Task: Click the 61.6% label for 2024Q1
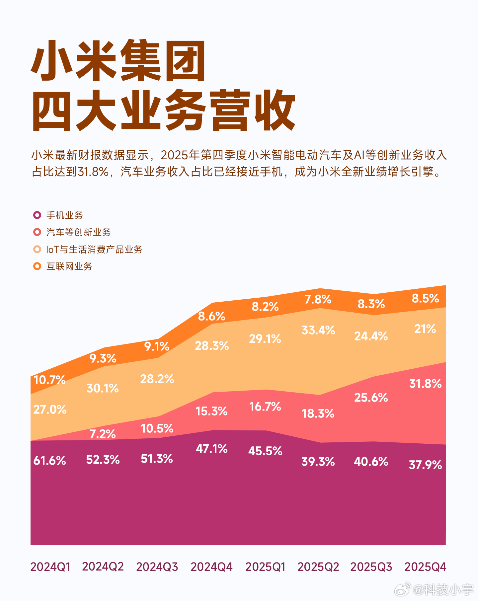tap(49, 461)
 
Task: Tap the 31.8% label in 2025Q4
tap(425, 384)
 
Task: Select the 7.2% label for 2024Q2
tap(103, 434)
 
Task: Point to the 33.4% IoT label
tap(318, 330)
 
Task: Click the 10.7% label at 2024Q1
tap(49, 380)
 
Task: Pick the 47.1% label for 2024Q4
tap(211, 449)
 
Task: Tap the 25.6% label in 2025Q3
tap(371, 397)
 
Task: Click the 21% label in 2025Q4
tap(425, 329)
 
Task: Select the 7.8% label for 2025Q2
tap(318, 299)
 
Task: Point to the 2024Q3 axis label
tap(157, 566)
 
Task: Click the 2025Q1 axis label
tap(265, 566)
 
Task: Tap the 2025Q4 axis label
tap(425, 566)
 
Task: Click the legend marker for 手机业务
tap(37, 215)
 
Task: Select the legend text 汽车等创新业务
tap(78, 232)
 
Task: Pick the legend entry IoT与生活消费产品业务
tap(94, 249)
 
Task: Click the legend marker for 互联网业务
tap(37, 266)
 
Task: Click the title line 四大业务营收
tap(163, 110)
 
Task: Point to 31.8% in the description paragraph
tap(93, 172)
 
